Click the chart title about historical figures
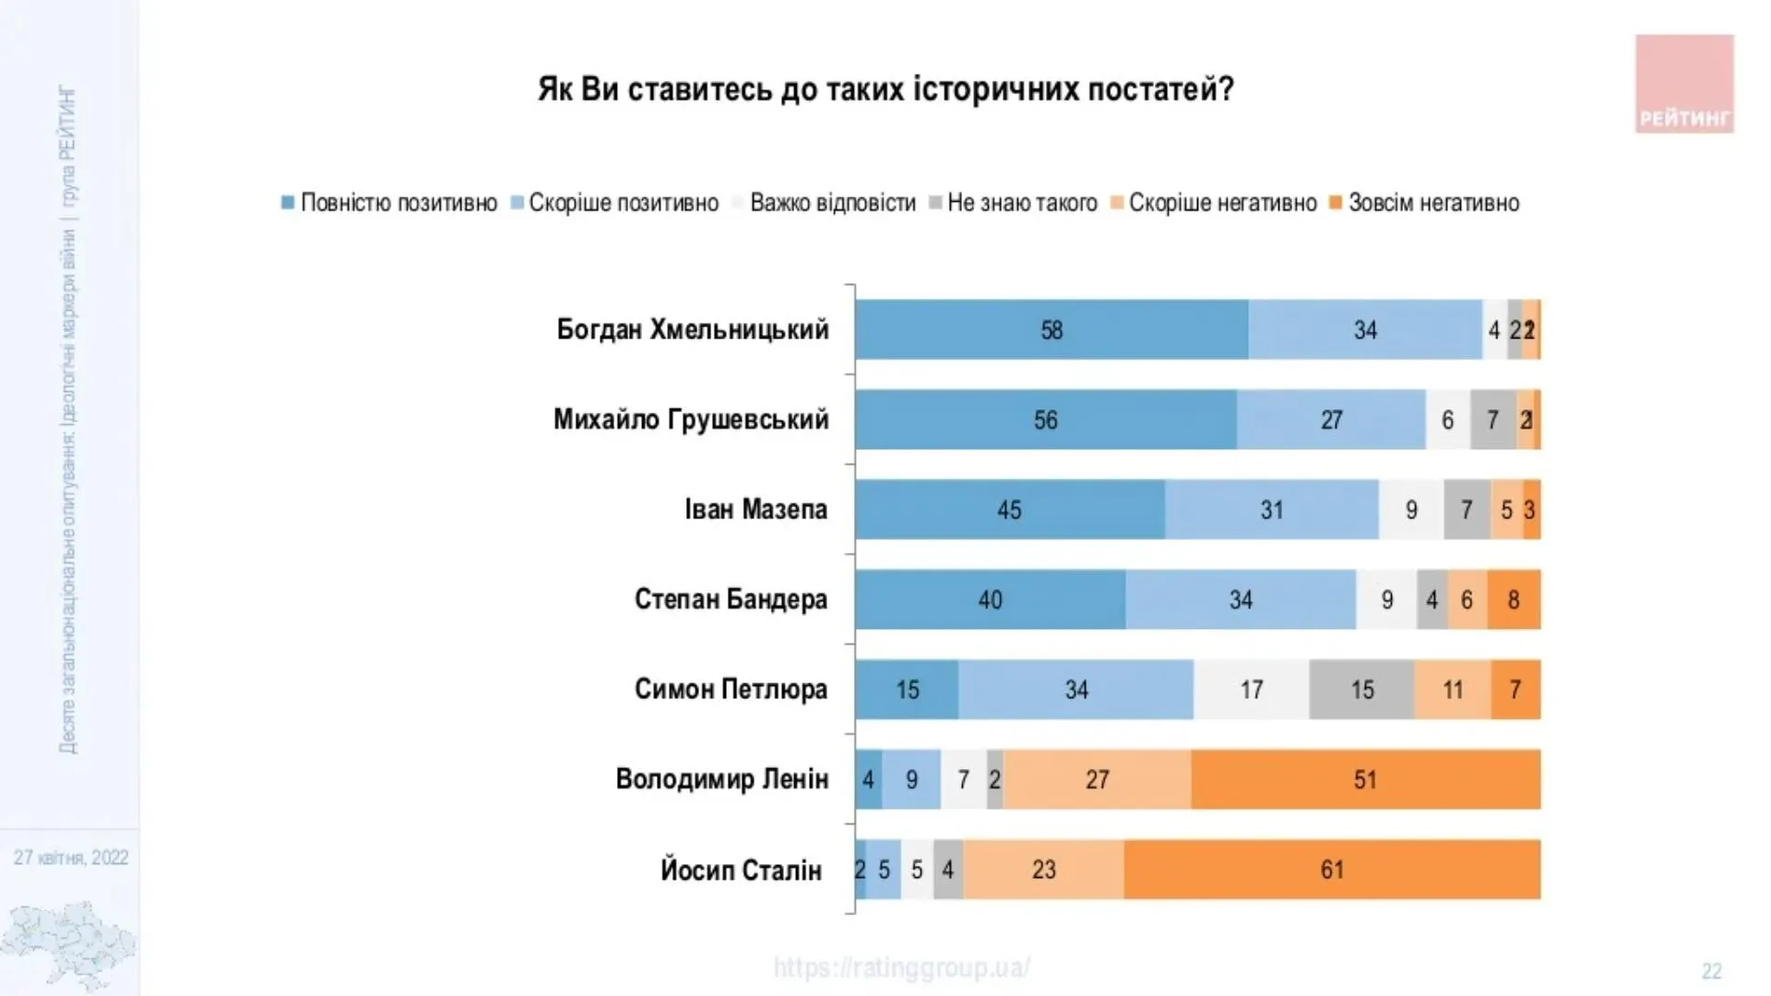885,89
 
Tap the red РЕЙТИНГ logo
1684,84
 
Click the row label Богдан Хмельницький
693,329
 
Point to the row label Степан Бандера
731,599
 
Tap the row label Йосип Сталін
741,870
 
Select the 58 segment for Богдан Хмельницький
1052,329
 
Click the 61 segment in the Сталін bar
1332,870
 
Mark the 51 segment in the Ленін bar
1365,779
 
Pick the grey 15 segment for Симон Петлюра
1361,690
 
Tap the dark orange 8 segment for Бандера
1514,599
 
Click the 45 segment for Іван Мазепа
1009,509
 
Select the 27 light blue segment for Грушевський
1331,420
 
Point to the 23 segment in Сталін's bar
1043,870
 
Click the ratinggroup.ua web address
901,967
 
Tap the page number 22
1711,971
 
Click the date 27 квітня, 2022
71,858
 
